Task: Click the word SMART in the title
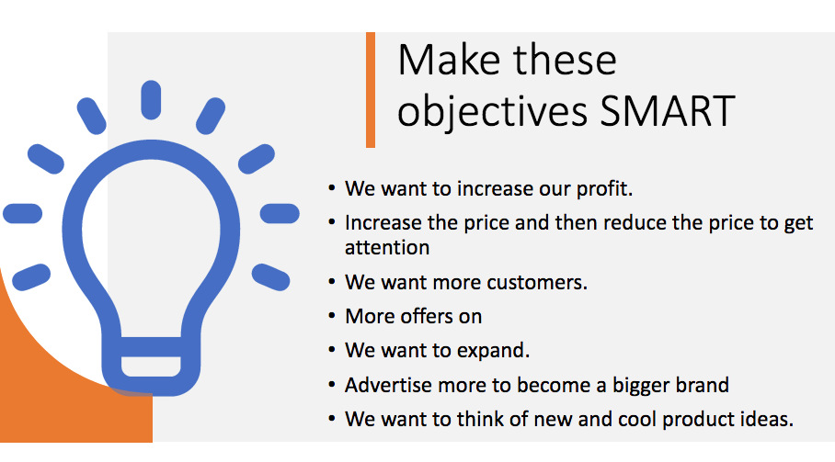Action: tap(668, 111)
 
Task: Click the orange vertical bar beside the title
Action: tap(371, 90)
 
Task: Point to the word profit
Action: tap(604, 189)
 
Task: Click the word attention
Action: tap(387, 248)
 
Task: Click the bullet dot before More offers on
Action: tap(332, 316)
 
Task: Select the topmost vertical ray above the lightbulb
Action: tap(151, 100)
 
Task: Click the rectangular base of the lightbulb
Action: tap(151, 366)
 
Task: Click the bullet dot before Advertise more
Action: tap(332, 385)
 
